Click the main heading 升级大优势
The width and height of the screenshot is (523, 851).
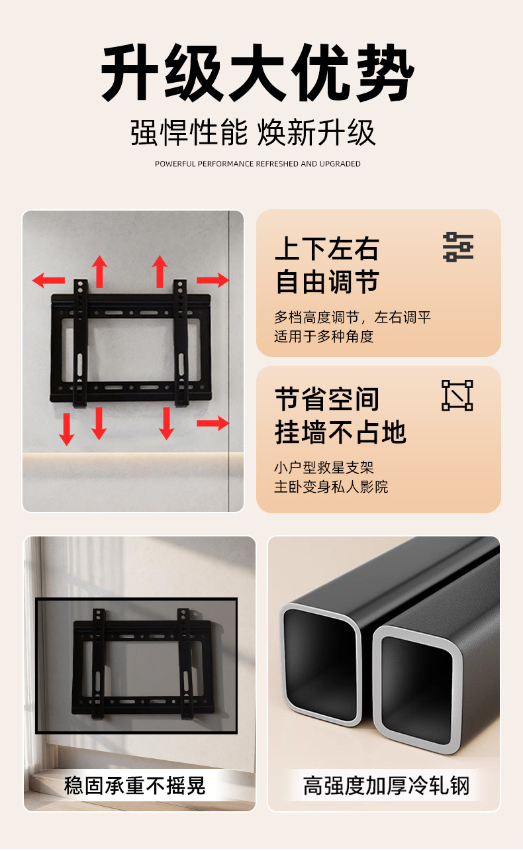tap(258, 72)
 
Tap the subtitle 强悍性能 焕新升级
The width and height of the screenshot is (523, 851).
tap(253, 132)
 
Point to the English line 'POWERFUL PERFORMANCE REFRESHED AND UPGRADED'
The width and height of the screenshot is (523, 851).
tap(258, 164)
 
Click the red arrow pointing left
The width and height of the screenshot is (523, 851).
tap(48, 280)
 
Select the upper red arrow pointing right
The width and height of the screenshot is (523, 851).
tap(213, 280)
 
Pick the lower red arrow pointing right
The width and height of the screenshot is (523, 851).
tap(213, 423)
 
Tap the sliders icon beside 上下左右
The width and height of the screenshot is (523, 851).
tap(458, 247)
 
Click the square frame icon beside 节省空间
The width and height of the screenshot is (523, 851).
tap(457, 395)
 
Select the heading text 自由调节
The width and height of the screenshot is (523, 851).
tap(327, 282)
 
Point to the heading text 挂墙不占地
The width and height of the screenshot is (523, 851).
tap(341, 432)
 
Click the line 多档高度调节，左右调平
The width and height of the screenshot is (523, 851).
tap(352, 317)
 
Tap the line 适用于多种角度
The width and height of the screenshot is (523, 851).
tap(324, 336)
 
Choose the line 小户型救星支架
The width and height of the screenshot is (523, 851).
tap(324, 468)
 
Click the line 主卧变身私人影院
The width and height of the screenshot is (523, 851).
tap(331, 487)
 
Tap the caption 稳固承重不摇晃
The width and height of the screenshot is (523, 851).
tap(134, 785)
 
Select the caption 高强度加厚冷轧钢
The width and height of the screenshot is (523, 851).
tap(386, 785)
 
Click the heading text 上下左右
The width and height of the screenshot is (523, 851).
tap(327, 249)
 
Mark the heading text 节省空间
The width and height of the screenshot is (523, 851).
tap(327, 399)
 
